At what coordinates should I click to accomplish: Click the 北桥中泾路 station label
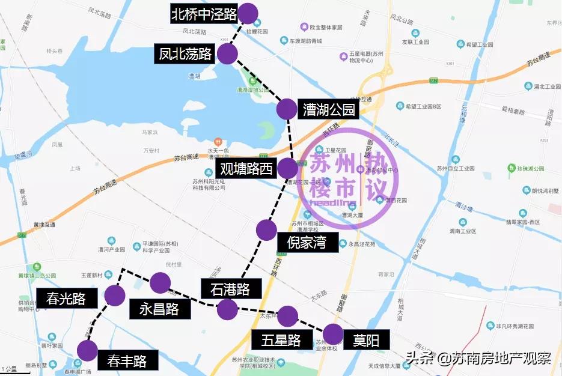click(204, 14)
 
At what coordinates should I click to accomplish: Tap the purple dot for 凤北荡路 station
click(227, 54)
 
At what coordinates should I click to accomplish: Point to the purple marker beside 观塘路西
click(287, 168)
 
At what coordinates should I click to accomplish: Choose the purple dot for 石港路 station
click(227, 309)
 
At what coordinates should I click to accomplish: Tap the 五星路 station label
click(281, 340)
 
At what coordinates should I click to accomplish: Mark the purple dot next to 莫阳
click(333, 333)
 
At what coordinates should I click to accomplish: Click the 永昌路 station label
click(159, 309)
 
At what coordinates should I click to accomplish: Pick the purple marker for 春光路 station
click(114, 295)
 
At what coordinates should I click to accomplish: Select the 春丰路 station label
click(127, 361)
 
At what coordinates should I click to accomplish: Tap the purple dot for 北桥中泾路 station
click(248, 13)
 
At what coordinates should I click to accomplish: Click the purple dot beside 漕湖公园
click(287, 109)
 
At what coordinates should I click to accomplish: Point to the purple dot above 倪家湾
click(266, 229)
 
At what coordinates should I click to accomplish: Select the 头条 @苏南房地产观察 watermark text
click(478, 359)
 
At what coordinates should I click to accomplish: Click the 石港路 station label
click(230, 290)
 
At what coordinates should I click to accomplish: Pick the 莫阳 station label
click(366, 340)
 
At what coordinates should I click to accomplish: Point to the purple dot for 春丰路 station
click(88, 350)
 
